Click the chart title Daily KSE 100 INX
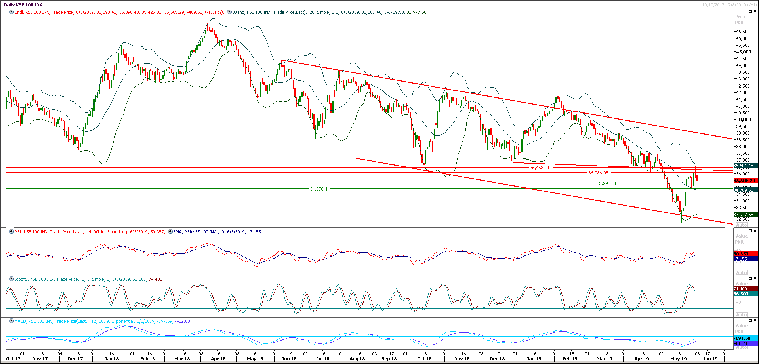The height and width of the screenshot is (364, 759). coord(23,5)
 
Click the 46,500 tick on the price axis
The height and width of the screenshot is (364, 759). coord(743,32)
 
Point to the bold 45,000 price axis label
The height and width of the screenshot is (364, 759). coord(744,52)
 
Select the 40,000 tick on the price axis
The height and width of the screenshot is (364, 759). coord(744,120)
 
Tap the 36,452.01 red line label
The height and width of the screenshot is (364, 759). coord(540,168)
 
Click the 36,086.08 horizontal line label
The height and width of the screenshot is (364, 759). coord(598,173)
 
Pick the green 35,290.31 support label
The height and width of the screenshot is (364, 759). coord(606,183)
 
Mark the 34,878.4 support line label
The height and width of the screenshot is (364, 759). coord(318,189)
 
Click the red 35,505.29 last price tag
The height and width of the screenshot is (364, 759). coord(744,181)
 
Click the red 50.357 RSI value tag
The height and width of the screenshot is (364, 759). coord(741,254)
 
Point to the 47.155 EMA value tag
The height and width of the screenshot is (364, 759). coord(740,259)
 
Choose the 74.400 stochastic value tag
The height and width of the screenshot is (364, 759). coord(740,289)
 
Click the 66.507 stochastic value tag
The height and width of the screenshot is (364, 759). coord(741,294)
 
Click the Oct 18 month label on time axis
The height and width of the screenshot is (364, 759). coord(424,359)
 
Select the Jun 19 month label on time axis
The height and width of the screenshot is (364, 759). coord(710,359)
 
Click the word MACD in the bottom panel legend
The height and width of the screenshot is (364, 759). coord(21,321)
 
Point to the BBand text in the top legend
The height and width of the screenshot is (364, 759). coord(238,12)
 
